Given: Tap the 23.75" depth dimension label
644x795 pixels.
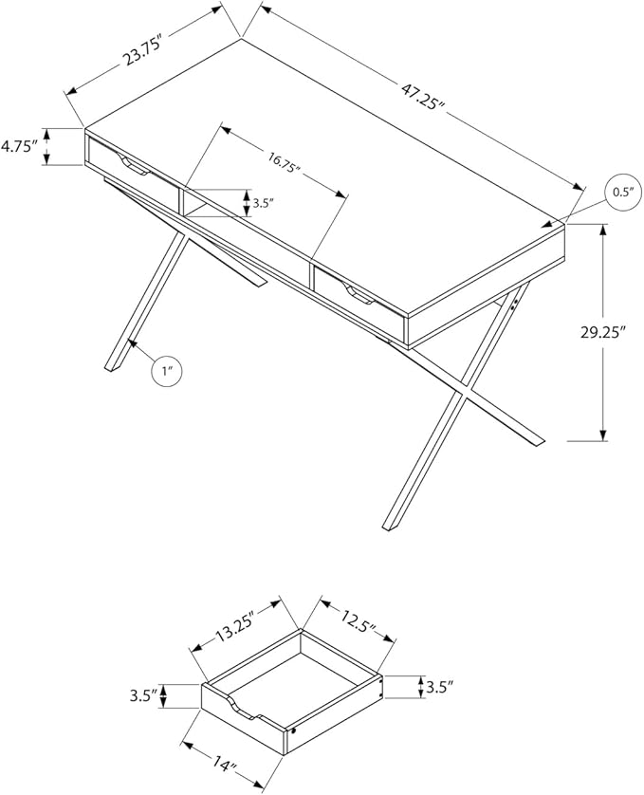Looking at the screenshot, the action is (x=143, y=50).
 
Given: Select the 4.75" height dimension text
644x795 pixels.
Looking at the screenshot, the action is (x=19, y=147).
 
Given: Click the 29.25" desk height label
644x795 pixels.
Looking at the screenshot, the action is (x=603, y=333).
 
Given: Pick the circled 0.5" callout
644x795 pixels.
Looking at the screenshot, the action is (x=623, y=193).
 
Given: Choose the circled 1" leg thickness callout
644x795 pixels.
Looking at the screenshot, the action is (x=167, y=371).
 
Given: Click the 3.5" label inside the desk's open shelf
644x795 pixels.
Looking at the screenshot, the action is (x=263, y=204).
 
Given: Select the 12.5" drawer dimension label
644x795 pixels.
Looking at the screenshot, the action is (x=359, y=622).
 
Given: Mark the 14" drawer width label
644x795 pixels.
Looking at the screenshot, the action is (x=224, y=768).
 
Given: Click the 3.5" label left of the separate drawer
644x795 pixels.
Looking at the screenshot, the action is (x=142, y=695).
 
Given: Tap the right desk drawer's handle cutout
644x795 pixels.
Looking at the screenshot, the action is (x=359, y=296).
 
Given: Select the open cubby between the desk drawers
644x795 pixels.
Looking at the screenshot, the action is (x=196, y=204).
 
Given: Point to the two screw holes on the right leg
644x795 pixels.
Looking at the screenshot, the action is (x=514, y=304).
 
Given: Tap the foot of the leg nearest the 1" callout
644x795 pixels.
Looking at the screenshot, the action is (x=114, y=366).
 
